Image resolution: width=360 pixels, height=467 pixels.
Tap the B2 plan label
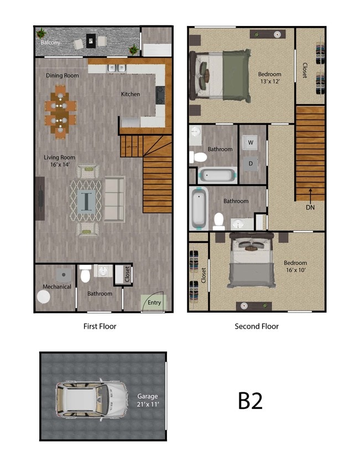pyautogui.click(x=250, y=401)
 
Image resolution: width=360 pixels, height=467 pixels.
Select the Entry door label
pyautogui.click(x=154, y=302)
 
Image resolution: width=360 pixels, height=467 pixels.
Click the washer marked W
pyautogui.click(x=251, y=143)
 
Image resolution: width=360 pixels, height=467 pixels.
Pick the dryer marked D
pyautogui.click(x=251, y=163)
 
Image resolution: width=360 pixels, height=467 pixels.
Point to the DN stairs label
pyautogui.click(x=310, y=207)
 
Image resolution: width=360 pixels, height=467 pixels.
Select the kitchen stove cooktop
pyautogui.click(x=160, y=95)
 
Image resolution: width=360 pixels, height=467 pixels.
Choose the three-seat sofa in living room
pyautogui.click(x=114, y=199)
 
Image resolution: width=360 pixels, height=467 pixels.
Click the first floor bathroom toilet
pyautogui.click(x=85, y=274)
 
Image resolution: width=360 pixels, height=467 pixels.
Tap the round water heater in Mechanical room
pyautogui.click(x=44, y=297)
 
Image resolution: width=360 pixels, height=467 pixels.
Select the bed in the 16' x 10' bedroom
pyautogui.click(x=252, y=260)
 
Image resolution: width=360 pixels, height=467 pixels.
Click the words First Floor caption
pyautogui.click(x=100, y=326)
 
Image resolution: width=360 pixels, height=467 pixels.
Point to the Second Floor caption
pyautogui.click(x=257, y=326)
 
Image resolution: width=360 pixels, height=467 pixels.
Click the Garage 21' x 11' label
pyautogui.click(x=148, y=401)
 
